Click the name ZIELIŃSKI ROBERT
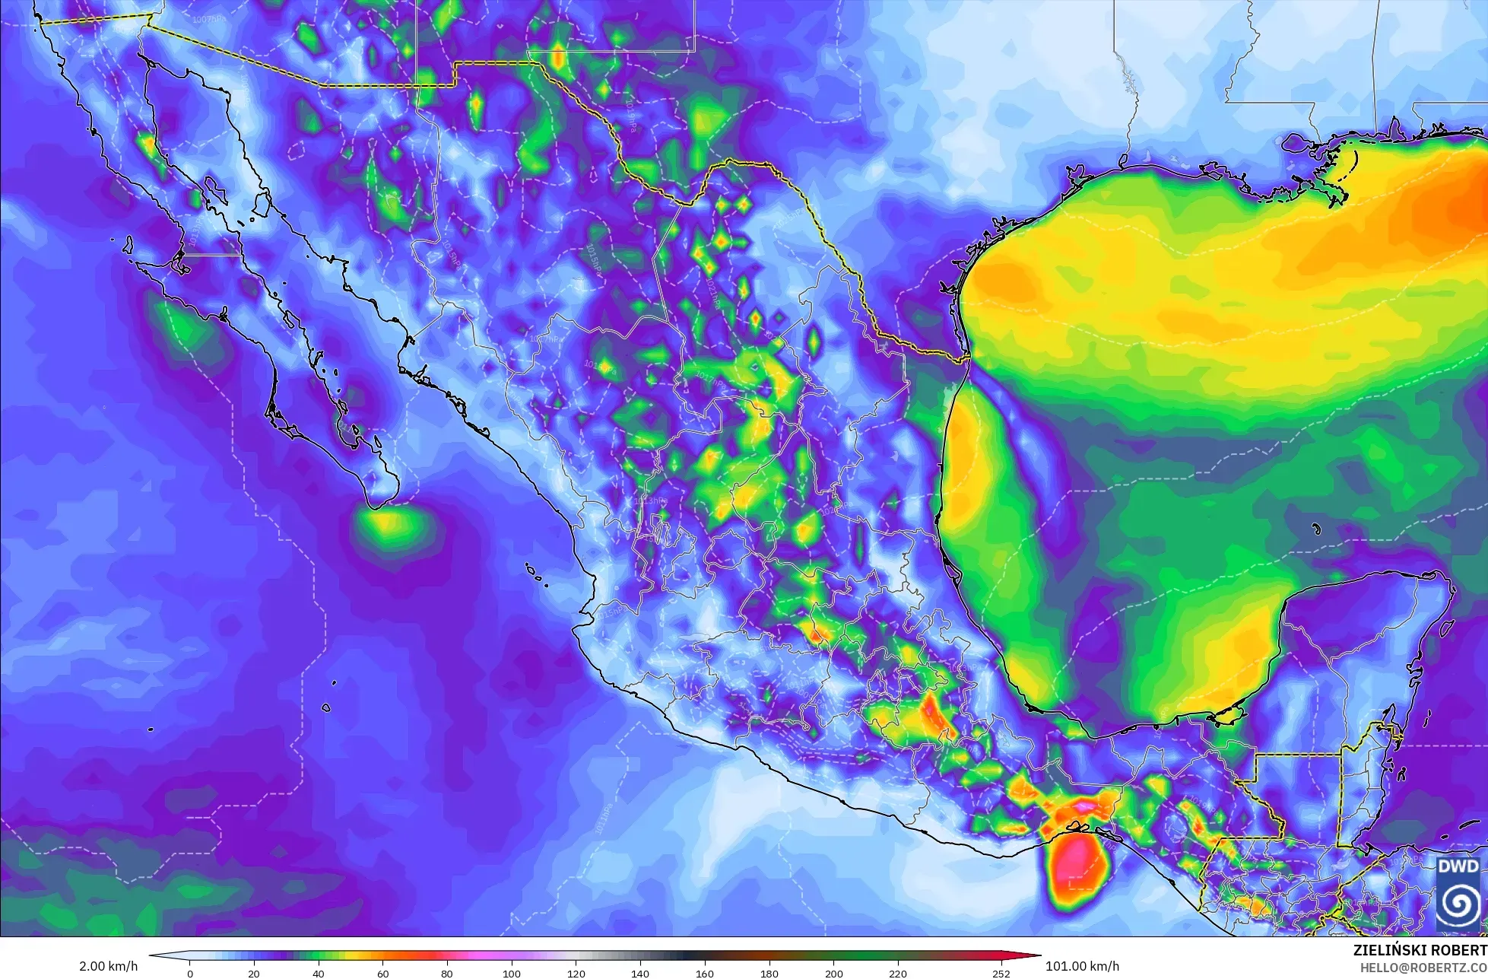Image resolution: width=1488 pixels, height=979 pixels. [x=1420, y=950]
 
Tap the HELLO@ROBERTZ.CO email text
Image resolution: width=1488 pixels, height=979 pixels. [x=1423, y=966]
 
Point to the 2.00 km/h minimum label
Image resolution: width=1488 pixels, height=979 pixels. [x=109, y=966]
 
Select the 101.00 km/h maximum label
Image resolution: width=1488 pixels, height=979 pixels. [x=1082, y=966]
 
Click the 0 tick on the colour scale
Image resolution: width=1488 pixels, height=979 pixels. [x=190, y=973]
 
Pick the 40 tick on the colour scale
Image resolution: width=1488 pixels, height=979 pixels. [x=319, y=973]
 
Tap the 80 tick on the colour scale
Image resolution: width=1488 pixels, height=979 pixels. [x=447, y=973]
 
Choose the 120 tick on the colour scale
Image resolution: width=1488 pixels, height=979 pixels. [x=576, y=973]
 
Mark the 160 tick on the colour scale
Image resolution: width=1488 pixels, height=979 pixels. [x=705, y=973]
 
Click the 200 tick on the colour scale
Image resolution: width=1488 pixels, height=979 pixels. [x=833, y=973]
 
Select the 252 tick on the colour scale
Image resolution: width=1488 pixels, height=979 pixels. [x=1001, y=973]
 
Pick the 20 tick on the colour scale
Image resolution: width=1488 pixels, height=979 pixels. [x=254, y=973]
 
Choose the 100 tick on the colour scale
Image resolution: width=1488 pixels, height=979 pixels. [x=512, y=973]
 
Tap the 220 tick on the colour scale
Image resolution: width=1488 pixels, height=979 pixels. [x=898, y=973]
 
